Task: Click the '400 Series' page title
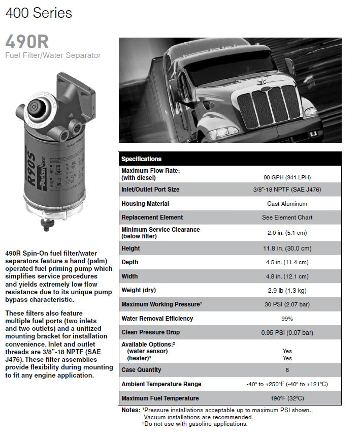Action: (x=39, y=12)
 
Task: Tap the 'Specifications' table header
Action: (x=141, y=159)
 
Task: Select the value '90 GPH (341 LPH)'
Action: (x=287, y=177)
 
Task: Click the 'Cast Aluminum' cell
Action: (x=287, y=204)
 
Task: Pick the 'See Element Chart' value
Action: (x=287, y=217)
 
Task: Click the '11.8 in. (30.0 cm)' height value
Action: (x=287, y=248)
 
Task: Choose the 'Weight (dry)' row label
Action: (x=139, y=290)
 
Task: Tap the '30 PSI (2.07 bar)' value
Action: (x=287, y=304)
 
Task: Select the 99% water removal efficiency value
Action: (x=287, y=319)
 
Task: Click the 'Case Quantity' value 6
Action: (x=287, y=370)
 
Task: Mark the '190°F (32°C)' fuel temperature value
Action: (x=287, y=398)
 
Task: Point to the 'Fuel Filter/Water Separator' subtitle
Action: (x=53, y=55)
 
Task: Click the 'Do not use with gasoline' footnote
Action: (x=196, y=424)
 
